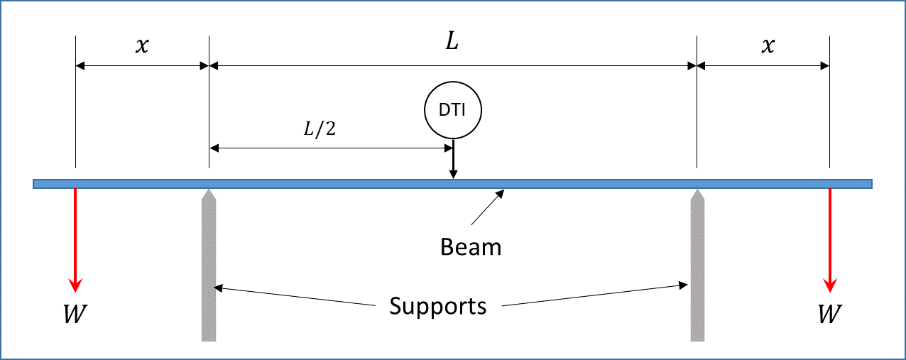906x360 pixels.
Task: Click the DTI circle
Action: pos(452,111)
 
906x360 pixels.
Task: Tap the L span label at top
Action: pos(452,42)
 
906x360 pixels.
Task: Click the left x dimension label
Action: pos(142,45)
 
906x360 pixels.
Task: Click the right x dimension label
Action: pos(767,45)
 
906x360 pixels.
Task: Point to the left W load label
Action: pos(75,313)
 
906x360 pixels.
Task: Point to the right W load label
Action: pos(828,313)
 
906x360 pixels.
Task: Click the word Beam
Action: pos(471,247)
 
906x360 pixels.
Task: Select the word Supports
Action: pos(438,306)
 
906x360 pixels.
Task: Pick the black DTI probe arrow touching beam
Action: pos(453,160)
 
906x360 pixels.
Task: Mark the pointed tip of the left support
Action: pos(209,191)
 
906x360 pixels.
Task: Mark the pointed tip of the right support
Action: pos(698,191)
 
